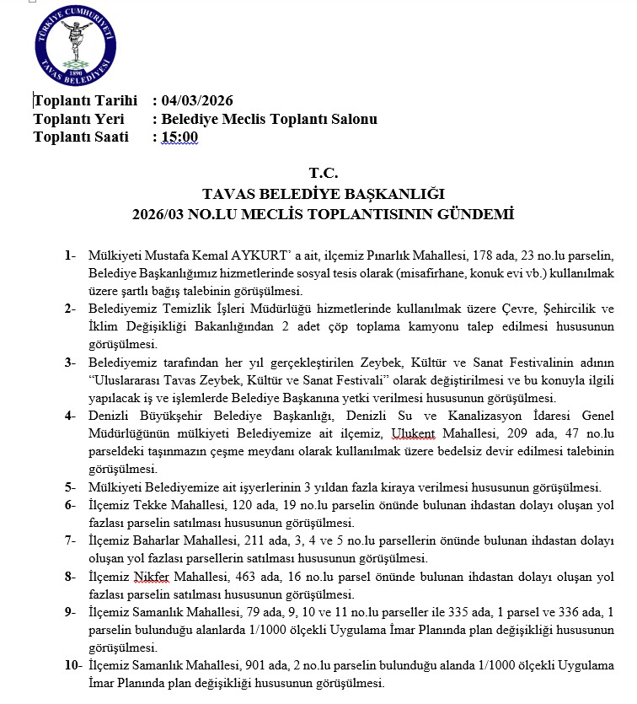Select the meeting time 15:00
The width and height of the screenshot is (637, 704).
(179, 137)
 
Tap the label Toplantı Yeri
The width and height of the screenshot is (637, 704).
(70, 119)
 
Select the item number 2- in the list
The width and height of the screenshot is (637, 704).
(70, 309)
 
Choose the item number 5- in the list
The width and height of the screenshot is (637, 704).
(70, 488)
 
